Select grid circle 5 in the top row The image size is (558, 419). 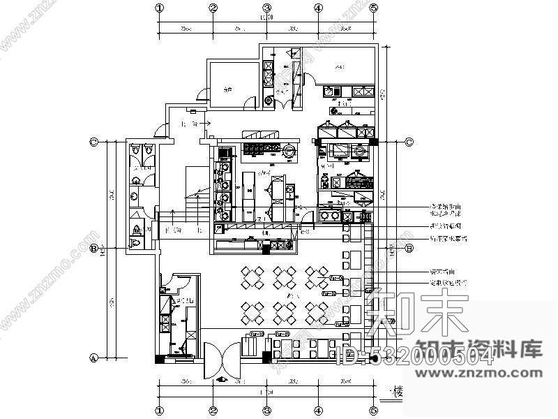click(374, 8)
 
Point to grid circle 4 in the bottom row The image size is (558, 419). click(318, 411)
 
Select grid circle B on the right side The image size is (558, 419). click(409, 248)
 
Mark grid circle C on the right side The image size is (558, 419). click(409, 142)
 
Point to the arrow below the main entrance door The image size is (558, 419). click(222, 381)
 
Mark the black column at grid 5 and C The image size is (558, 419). click(374, 142)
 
